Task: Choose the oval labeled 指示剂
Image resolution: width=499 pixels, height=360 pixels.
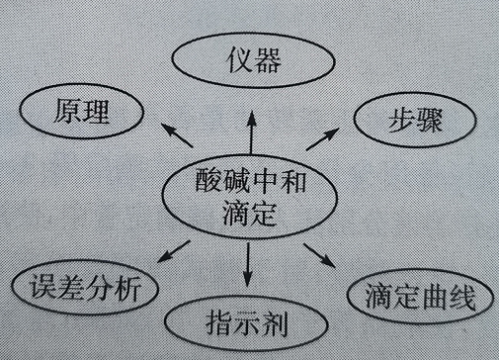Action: [x=244, y=321]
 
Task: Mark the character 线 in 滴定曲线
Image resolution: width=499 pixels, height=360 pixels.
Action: [x=459, y=296]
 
